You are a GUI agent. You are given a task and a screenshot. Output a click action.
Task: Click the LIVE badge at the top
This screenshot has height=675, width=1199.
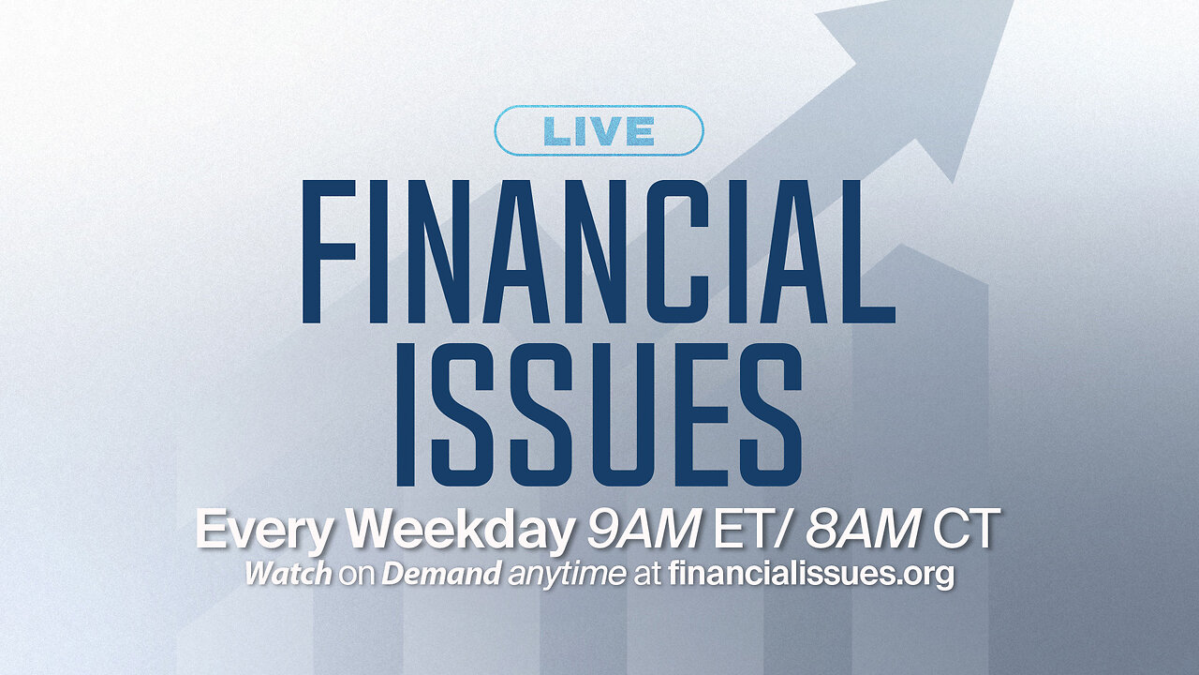(x=599, y=130)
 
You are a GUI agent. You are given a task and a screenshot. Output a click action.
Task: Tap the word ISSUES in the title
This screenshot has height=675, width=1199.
(x=599, y=413)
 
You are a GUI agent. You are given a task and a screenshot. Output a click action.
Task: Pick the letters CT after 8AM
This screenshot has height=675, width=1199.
(x=965, y=532)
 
